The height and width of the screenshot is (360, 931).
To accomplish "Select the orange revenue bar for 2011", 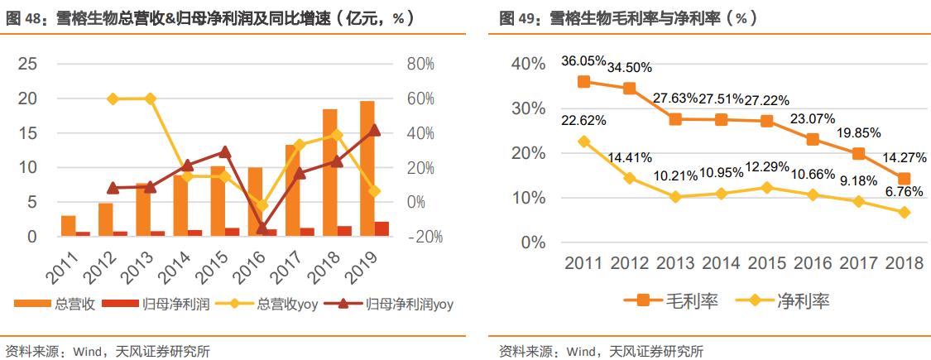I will tap(69, 226).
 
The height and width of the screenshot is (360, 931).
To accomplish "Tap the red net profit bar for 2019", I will tap(382, 229).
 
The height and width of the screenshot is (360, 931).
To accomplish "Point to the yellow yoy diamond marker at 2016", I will tap(262, 204).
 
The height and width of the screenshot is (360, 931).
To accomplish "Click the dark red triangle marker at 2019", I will tap(374, 130).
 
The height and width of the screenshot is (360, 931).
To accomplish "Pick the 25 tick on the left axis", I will tap(27, 64).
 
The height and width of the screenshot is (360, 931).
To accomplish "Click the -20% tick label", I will tap(424, 237).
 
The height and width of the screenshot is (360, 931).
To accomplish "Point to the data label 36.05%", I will tap(583, 61).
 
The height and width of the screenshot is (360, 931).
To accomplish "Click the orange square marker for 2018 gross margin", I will tap(904, 179).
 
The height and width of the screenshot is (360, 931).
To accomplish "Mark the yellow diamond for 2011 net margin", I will tap(583, 142).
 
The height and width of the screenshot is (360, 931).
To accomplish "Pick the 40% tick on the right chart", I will tap(528, 64).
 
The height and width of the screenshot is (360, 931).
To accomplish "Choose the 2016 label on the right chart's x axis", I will tap(813, 264).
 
